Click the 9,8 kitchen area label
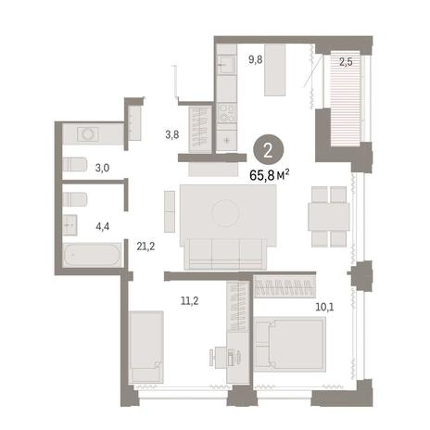point(256,59)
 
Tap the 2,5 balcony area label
point(346,62)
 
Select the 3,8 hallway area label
point(172,134)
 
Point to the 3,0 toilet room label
point(102,169)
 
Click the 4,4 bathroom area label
point(103,226)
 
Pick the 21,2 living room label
point(145,247)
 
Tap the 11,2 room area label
point(190,300)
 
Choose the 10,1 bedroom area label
point(324,307)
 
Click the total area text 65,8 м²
point(270,176)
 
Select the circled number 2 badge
point(268,151)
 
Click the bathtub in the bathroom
point(92,255)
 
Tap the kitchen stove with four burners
point(226,112)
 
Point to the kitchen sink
point(226,65)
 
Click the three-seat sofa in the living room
point(225,254)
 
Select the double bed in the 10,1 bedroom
point(290,344)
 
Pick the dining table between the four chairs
point(329,217)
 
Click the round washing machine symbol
point(88,134)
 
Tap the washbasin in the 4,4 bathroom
point(70,225)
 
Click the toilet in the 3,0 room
point(74,164)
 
